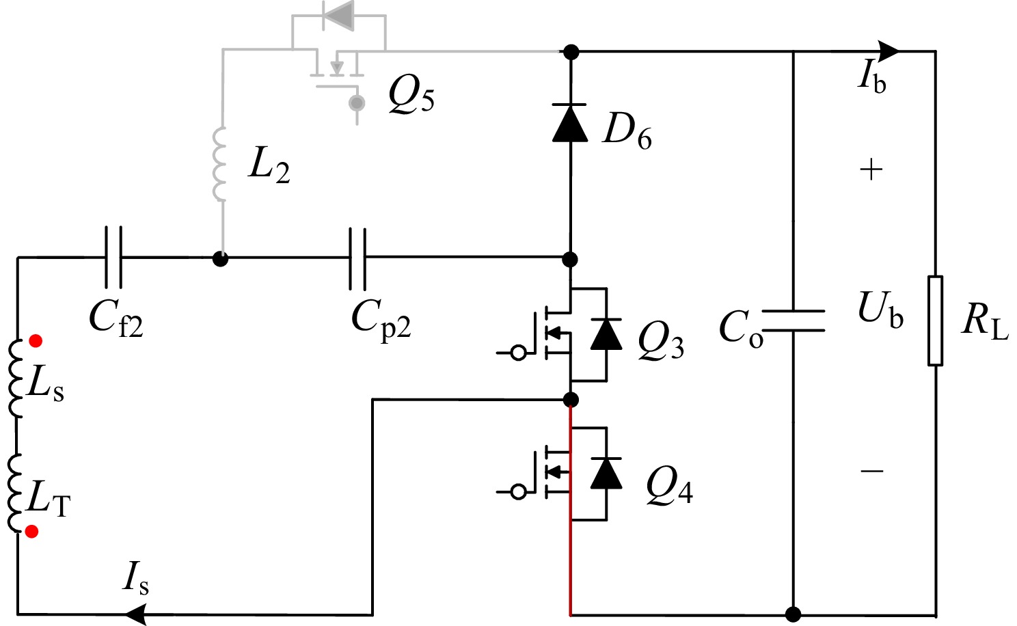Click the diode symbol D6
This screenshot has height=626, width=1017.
[569, 124]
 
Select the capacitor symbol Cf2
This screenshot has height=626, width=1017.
[114, 258]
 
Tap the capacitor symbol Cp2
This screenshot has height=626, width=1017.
[357, 258]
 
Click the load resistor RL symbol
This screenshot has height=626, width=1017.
[935, 321]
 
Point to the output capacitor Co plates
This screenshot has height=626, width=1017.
[793, 321]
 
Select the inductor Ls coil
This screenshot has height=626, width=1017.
[16, 378]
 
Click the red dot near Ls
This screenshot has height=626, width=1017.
[36, 340]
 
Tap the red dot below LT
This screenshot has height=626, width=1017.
[31, 531]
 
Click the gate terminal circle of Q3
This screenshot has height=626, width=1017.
[519, 353]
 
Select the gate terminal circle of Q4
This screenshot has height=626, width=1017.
[519, 491]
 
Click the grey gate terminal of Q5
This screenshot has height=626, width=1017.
[356, 103]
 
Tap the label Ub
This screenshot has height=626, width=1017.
[880, 310]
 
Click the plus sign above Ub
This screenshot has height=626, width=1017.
[871, 169]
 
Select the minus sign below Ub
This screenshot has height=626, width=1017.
[872, 471]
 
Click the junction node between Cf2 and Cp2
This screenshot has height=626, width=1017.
[220, 258]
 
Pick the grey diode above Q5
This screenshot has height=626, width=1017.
[339, 15]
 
